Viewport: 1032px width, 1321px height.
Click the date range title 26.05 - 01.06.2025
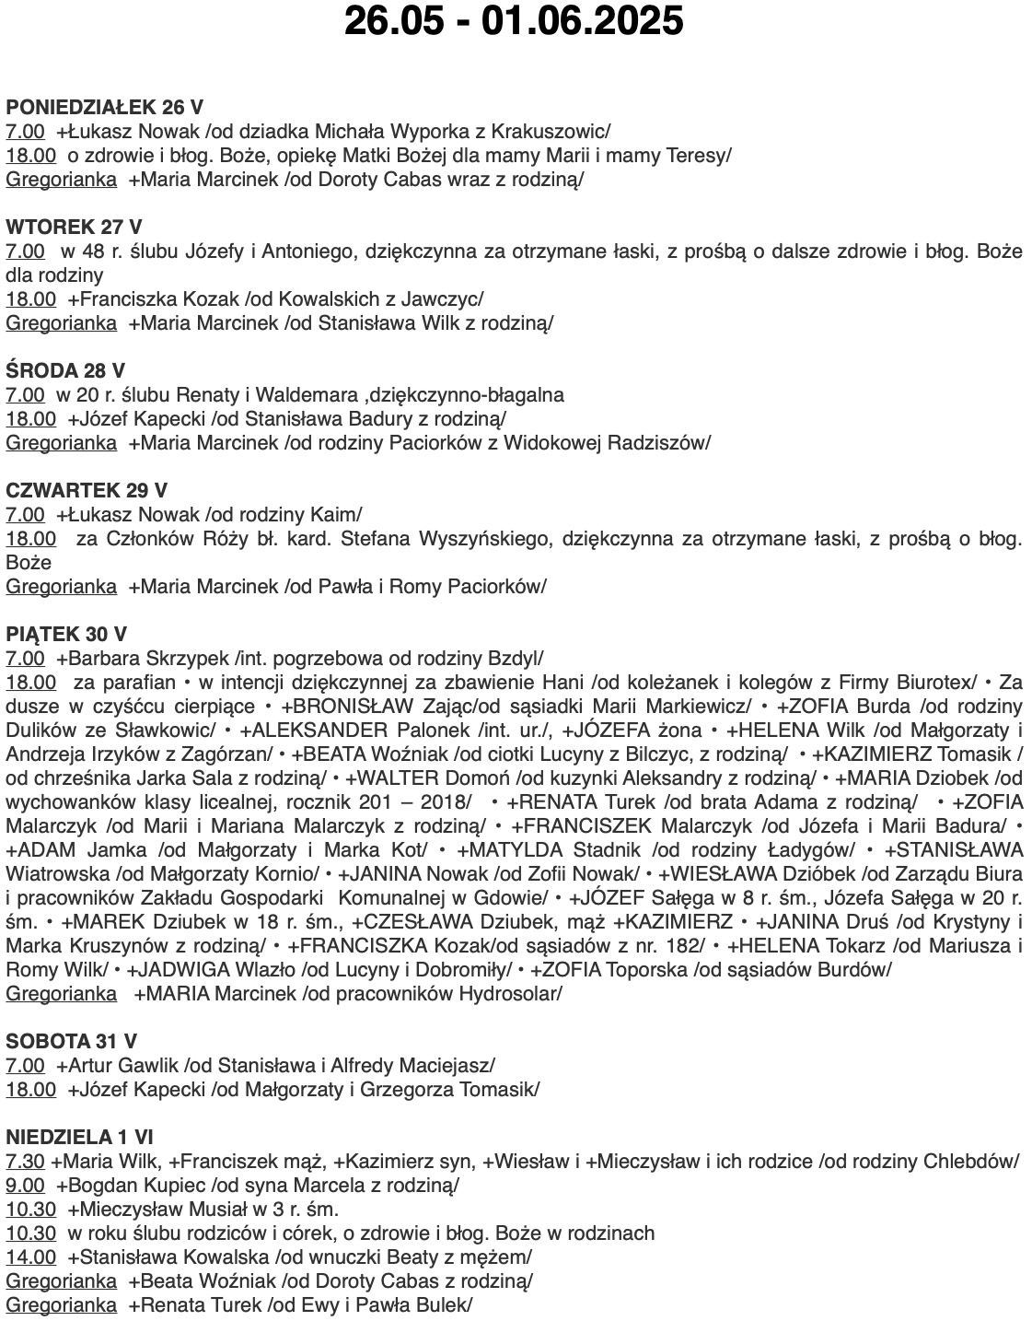[514, 20]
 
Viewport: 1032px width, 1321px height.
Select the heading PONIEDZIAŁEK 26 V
[105, 106]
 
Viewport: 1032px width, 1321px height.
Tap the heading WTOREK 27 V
[75, 227]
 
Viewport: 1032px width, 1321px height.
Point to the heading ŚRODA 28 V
[65, 371]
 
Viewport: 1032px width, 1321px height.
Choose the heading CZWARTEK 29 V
[87, 491]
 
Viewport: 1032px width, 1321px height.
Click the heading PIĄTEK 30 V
[66, 635]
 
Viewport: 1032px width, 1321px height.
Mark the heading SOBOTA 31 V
[72, 1042]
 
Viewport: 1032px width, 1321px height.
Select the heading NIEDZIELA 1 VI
[80, 1137]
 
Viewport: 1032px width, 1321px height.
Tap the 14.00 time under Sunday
[30, 1257]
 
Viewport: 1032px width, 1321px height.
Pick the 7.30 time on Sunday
[25, 1162]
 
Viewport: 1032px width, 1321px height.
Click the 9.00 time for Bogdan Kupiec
[25, 1186]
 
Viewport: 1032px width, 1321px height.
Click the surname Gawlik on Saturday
[150, 1066]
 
